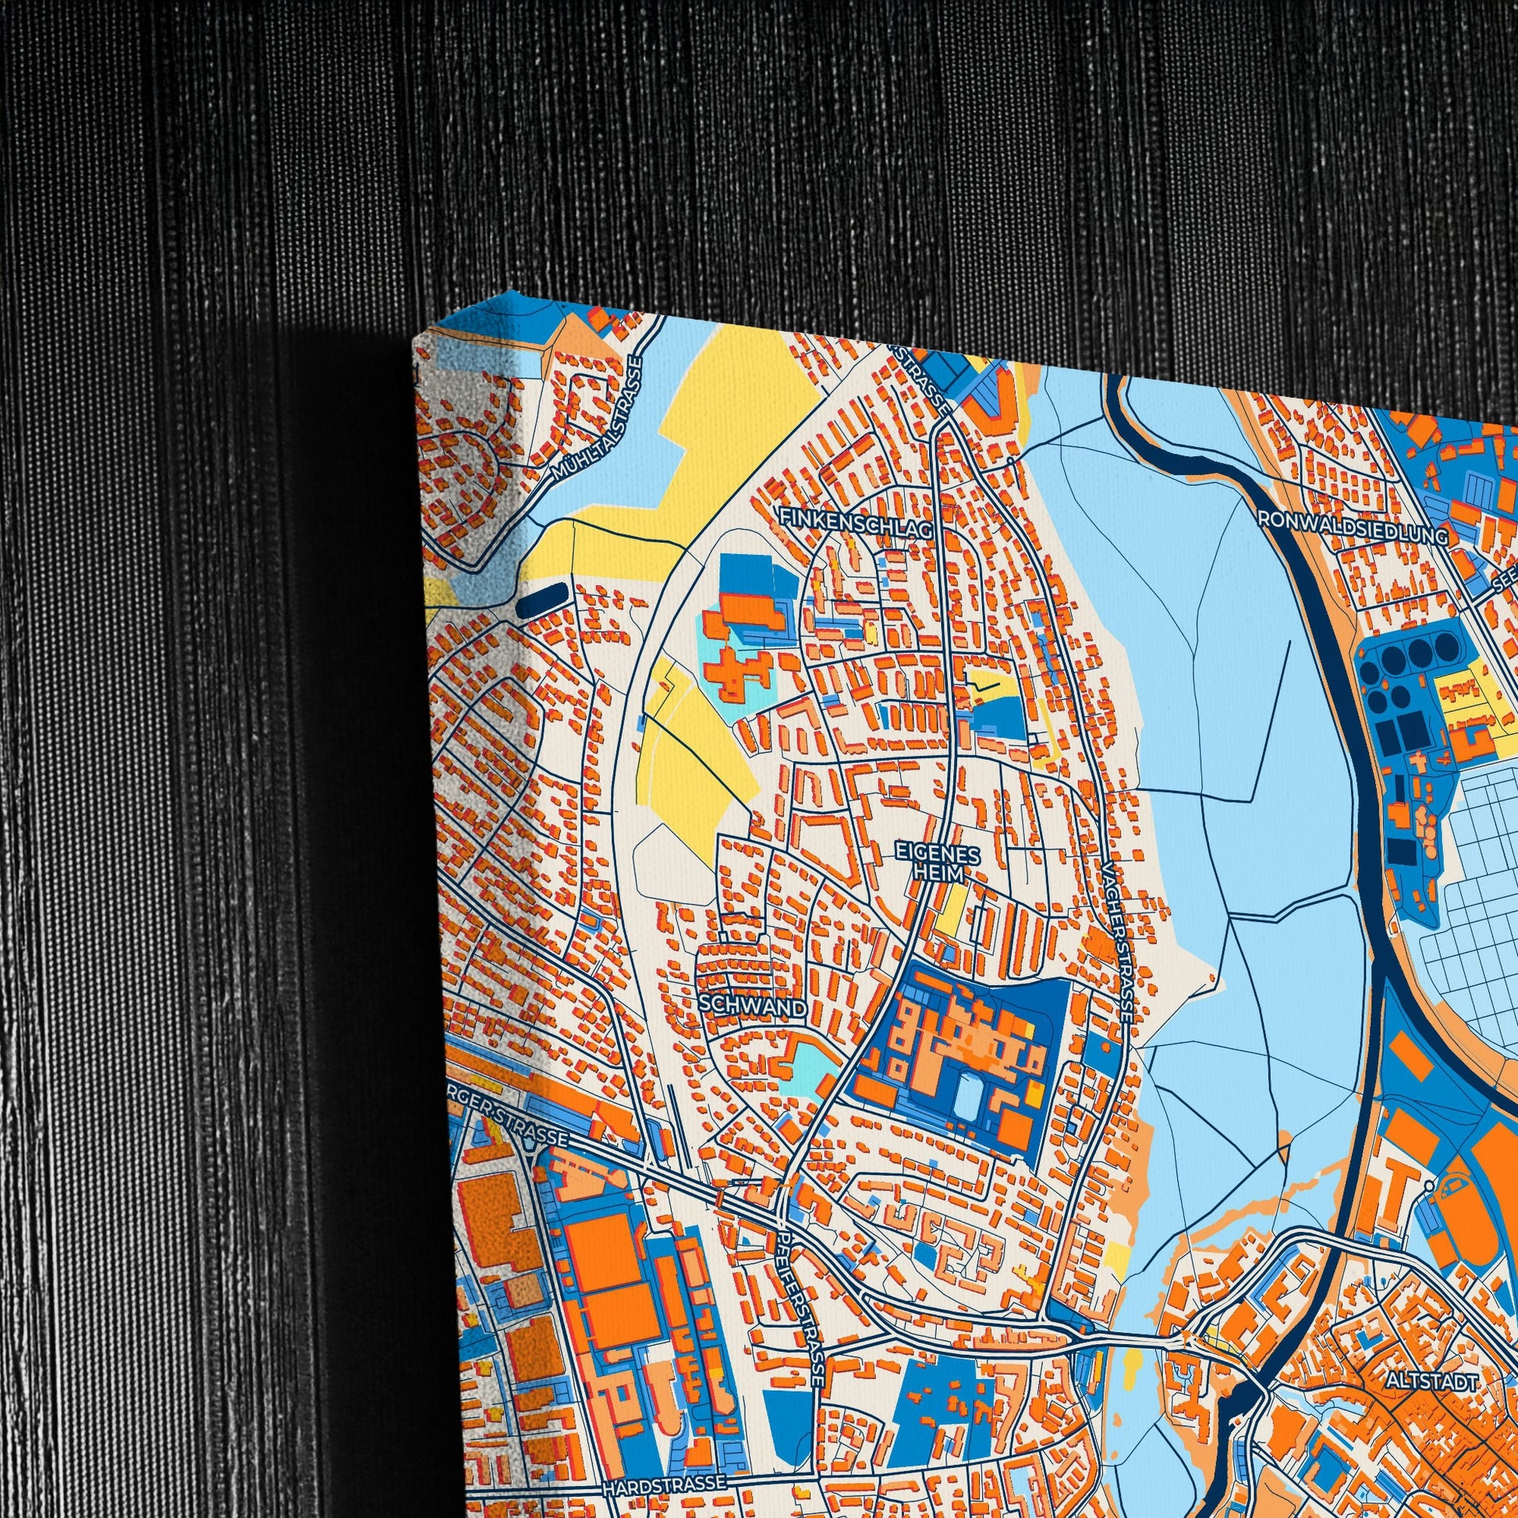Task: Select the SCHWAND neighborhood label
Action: [x=752, y=1007]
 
